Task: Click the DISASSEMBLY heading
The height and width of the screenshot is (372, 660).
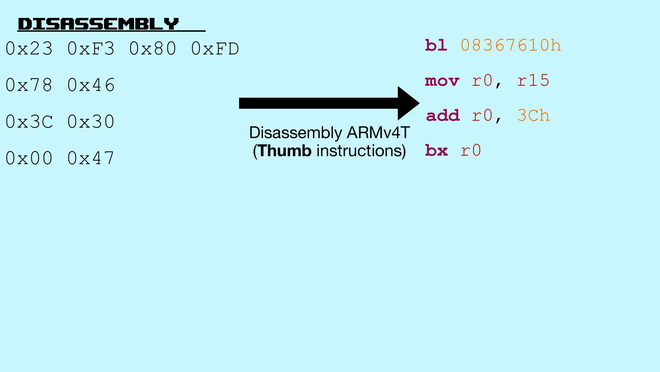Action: click(x=98, y=24)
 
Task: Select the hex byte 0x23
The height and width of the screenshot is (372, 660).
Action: click(x=29, y=49)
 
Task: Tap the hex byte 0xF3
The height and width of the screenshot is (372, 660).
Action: click(x=91, y=49)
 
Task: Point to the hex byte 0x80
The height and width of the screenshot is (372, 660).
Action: click(x=153, y=49)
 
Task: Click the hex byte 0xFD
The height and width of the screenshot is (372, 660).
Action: click(x=215, y=49)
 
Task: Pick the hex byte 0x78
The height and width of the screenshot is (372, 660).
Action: click(x=29, y=85)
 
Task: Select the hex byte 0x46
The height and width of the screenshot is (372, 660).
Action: click(x=91, y=85)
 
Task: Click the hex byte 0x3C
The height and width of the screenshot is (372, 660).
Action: click(x=29, y=122)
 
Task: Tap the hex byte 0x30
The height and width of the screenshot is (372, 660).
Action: click(x=91, y=122)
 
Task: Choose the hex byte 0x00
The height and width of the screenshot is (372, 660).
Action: click(x=29, y=158)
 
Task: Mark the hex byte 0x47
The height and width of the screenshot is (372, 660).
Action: click(x=91, y=158)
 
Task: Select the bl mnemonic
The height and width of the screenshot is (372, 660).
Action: click(x=436, y=45)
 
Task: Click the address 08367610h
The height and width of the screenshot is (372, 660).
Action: click(x=511, y=45)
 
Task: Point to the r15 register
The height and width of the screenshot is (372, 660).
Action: click(x=533, y=81)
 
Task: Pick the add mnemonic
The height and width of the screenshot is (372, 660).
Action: click(x=443, y=116)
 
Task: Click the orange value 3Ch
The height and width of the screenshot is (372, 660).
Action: click(x=533, y=116)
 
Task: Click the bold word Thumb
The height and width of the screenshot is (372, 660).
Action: click(x=285, y=151)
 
